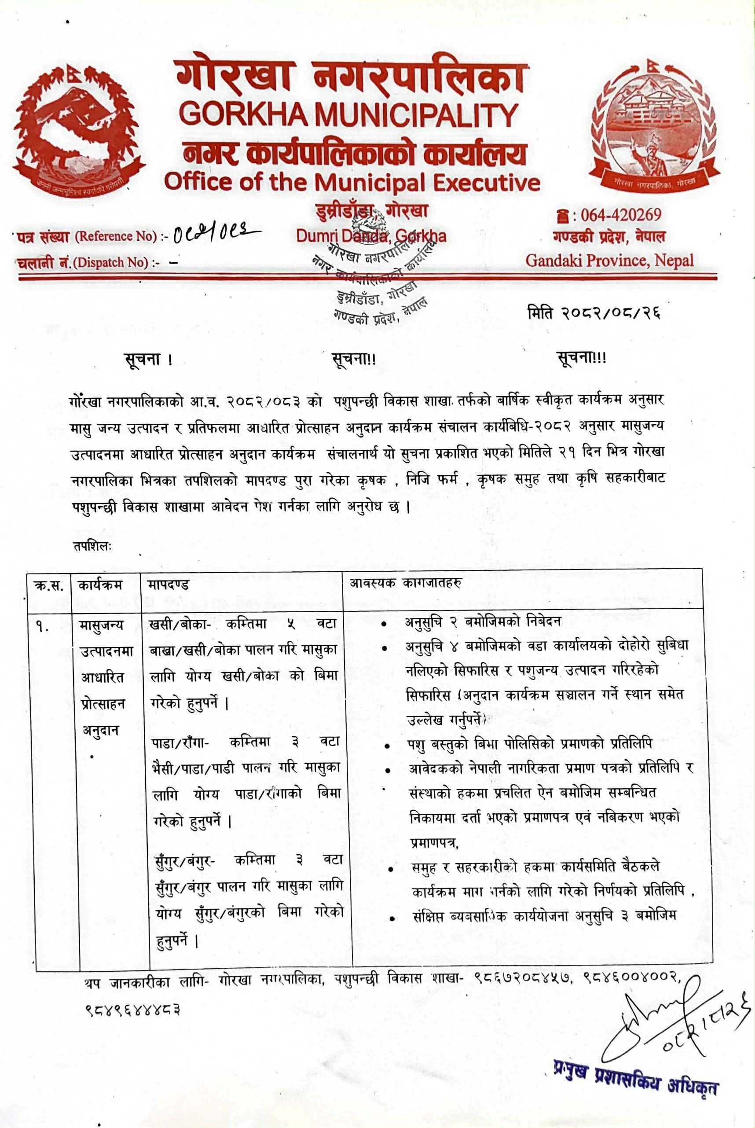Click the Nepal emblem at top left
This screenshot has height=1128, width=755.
tap(79, 129)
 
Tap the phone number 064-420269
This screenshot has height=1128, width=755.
tap(621, 215)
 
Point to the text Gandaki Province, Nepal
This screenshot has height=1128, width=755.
tap(609, 261)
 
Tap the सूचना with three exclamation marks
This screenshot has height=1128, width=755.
tap(581, 358)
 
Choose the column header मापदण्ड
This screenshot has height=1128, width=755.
tap(169, 585)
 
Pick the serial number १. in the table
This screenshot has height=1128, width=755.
tap(42, 627)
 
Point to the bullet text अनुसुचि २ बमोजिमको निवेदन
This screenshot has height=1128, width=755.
tap(483, 622)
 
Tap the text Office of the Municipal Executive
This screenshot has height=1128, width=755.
tap(352, 183)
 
